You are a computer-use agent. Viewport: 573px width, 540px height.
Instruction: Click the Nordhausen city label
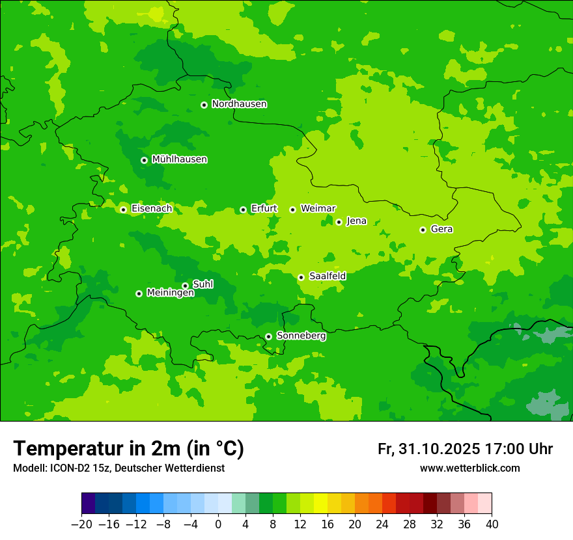tap(239, 104)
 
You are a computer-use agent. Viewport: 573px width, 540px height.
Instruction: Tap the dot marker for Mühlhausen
tap(144, 160)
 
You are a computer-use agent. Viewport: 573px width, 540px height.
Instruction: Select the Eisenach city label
tap(152, 209)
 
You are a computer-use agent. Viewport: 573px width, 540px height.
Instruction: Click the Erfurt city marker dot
tap(243, 209)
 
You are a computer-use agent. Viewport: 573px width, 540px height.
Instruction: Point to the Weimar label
tap(318, 208)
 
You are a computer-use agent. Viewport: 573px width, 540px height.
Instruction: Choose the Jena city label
tap(356, 221)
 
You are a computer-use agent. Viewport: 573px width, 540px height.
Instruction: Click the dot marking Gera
tap(423, 230)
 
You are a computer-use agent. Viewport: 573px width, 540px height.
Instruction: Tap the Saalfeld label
tap(327, 277)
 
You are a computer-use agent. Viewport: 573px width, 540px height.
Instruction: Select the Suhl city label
tap(203, 284)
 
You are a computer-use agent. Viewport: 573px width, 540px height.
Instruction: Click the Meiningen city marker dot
tap(139, 293)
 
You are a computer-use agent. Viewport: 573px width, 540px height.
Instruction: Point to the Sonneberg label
tap(301, 336)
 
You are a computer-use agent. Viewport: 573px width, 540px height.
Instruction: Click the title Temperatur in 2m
tap(129, 449)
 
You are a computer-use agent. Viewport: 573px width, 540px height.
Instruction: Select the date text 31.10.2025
tap(438, 449)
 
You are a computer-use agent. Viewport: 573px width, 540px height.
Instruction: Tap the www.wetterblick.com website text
tap(469, 468)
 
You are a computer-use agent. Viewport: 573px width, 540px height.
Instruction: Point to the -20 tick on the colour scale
tap(81, 524)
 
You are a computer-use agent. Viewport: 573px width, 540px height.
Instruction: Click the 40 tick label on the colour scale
tap(492, 524)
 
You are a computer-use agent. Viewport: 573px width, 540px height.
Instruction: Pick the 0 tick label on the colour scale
tap(218, 524)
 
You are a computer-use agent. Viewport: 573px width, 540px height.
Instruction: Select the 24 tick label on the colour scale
tap(382, 524)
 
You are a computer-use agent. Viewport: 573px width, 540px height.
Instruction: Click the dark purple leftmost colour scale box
tap(89, 504)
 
